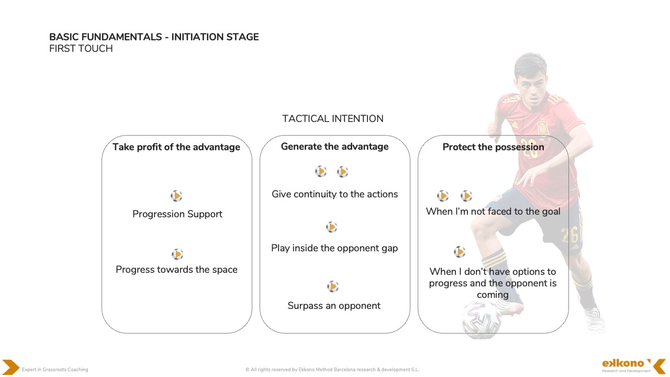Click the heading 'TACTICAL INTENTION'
(332, 119)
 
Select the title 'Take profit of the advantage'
(176, 147)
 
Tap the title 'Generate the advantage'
(334, 147)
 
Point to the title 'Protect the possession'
(493, 147)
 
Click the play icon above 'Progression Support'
(176, 196)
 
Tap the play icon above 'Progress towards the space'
(177, 254)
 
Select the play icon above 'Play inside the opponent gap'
(331, 227)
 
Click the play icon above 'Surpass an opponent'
(333, 286)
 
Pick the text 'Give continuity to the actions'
(334, 194)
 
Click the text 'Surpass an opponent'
(334, 306)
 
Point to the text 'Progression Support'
(177, 214)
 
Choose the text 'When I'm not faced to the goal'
(493, 212)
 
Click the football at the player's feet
(481, 319)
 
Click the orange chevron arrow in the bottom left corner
(10, 367)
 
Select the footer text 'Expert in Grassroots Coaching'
(55, 370)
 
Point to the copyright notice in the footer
(332, 370)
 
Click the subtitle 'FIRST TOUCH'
(81, 49)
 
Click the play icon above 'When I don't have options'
(460, 252)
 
